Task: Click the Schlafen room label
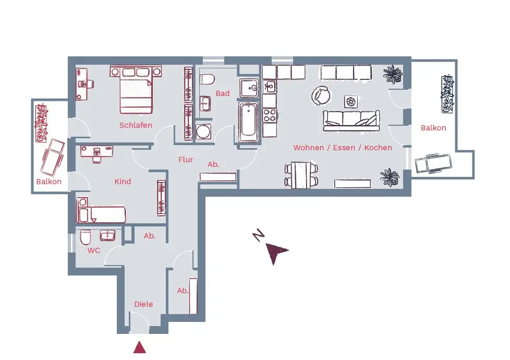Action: click(x=136, y=125)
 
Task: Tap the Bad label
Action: click(x=223, y=93)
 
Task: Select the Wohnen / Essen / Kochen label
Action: click(x=343, y=148)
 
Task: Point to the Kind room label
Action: click(x=123, y=182)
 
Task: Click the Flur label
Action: click(x=186, y=160)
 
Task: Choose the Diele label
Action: click(x=143, y=304)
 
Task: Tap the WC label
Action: click(x=94, y=250)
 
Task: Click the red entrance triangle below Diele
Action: click(x=139, y=347)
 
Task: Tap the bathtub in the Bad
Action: click(x=249, y=122)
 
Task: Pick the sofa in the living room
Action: click(x=350, y=121)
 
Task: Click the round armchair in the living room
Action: click(x=321, y=95)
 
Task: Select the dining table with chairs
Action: click(x=301, y=175)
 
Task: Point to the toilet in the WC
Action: click(x=86, y=238)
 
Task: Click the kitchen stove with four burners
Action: click(x=269, y=115)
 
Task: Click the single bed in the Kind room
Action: click(x=101, y=214)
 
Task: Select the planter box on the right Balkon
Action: click(x=447, y=94)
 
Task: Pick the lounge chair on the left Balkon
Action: click(x=52, y=157)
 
